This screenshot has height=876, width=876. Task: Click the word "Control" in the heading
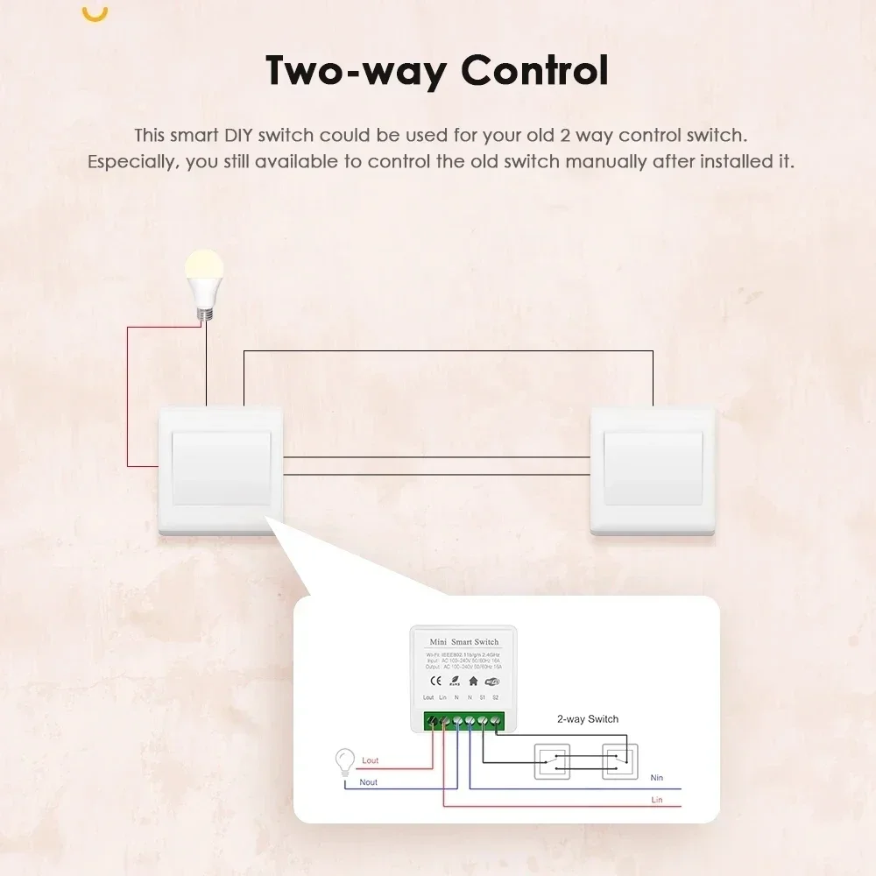(535, 71)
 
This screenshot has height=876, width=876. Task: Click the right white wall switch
(653, 470)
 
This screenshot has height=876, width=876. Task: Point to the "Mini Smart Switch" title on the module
(465, 642)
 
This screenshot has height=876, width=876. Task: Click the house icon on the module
(474, 680)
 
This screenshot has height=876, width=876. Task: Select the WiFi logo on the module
(492, 680)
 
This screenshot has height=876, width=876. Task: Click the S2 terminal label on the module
(496, 697)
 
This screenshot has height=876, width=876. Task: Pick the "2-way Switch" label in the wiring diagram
(588, 719)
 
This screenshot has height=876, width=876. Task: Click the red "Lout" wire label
(370, 760)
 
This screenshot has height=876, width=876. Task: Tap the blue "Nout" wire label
(369, 781)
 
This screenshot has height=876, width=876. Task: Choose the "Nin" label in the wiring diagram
(657, 778)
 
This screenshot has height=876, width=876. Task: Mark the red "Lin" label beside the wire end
(657, 800)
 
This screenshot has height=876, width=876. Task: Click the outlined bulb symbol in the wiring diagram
(345, 760)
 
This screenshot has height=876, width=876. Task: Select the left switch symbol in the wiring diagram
(552, 761)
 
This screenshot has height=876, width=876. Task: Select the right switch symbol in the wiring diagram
(618, 761)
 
